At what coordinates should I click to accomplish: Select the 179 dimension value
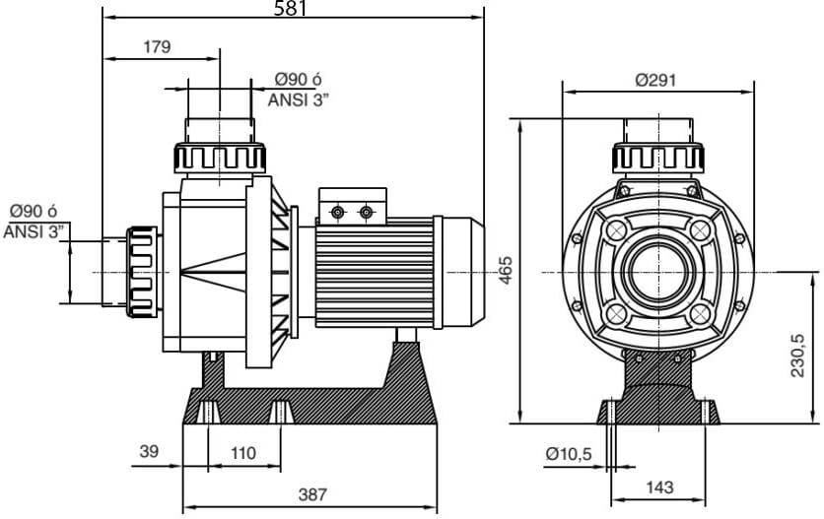click(x=157, y=46)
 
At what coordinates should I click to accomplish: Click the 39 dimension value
click(x=149, y=453)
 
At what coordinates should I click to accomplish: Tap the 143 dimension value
click(x=661, y=487)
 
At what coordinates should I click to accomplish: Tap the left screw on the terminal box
click(x=338, y=213)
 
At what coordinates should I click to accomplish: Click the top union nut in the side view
click(x=221, y=158)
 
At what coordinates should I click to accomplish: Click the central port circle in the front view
click(x=657, y=272)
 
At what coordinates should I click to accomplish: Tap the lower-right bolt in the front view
click(x=700, y=314)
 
